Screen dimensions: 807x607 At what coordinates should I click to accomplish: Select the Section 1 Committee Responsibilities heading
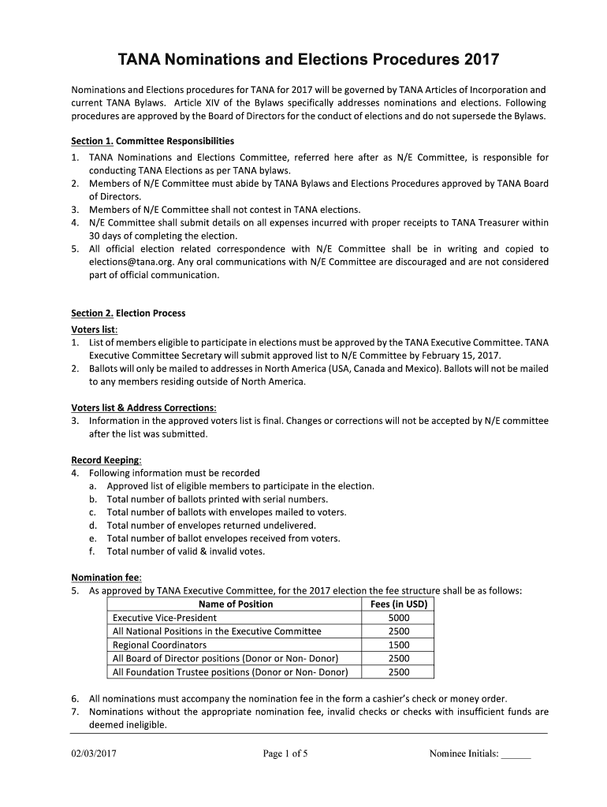(152, 141)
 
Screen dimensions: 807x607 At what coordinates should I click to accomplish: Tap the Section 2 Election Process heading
(128, 313)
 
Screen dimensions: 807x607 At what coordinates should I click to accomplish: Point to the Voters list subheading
(95, 329)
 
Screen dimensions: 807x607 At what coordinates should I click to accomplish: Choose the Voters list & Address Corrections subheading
(143, 407)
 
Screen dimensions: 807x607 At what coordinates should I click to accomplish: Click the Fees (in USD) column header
(398, 604)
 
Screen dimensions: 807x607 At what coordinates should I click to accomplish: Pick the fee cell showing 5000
(398, 618)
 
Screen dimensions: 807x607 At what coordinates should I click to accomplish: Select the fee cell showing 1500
(398, 645)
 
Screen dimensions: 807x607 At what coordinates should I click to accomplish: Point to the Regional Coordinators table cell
(160, 645)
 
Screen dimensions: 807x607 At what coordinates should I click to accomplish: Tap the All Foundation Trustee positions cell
(229, 672)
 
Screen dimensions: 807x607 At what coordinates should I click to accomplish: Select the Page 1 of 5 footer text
(285, 753)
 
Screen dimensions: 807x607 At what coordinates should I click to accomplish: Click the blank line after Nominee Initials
(516, 755)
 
